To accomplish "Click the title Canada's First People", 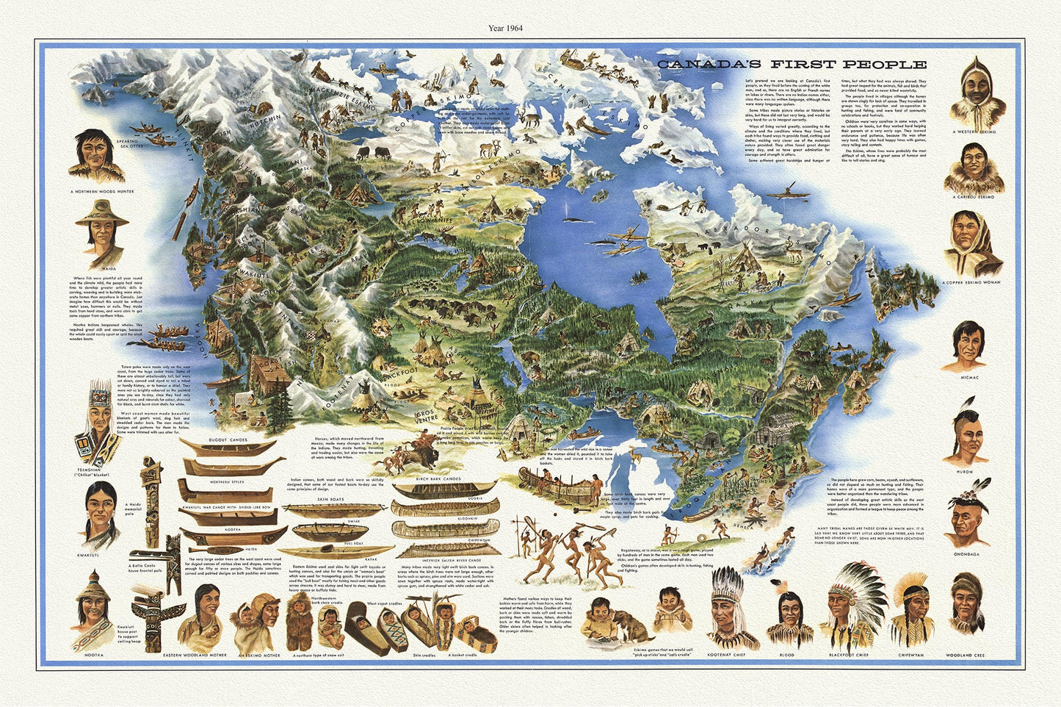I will click(791, 65).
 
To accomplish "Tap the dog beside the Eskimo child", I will click(629, 629).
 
